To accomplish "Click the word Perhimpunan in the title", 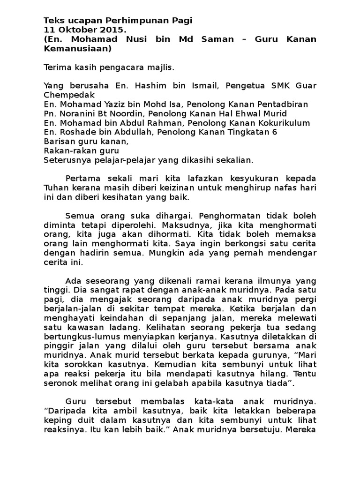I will tap(133, 21).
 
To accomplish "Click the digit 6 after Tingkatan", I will tap(275, 132).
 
